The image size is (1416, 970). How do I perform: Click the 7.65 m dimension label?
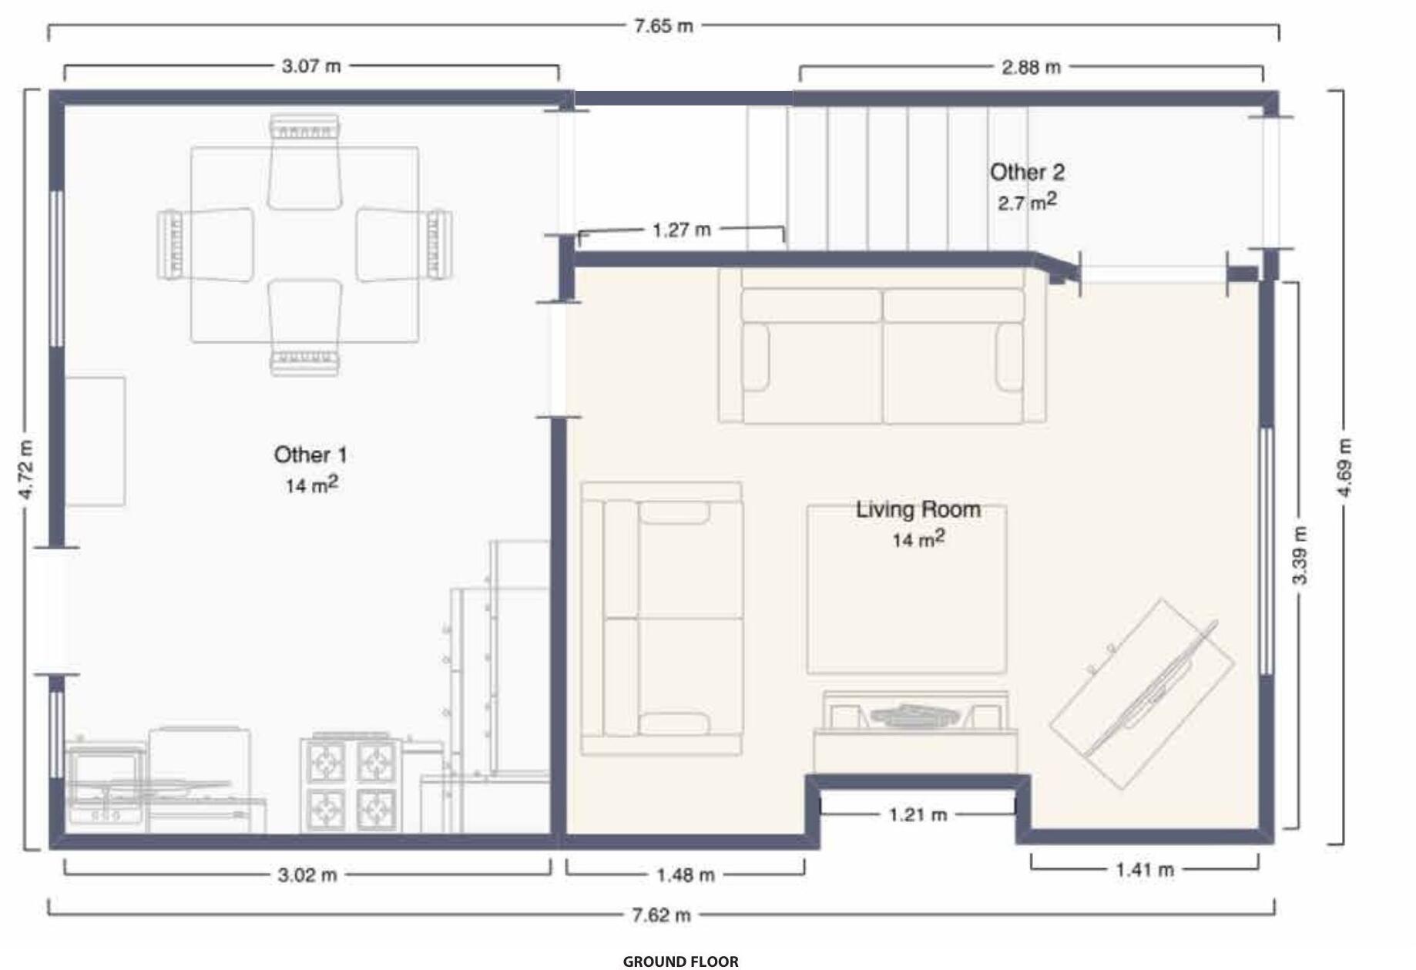click(663, 26)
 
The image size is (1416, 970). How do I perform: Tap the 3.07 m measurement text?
click(311, 66)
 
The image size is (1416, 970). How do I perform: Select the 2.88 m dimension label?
click(1031, 68)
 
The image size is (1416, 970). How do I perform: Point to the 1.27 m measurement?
click(681, 230)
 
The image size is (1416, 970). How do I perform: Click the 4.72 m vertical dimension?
click(26, 469)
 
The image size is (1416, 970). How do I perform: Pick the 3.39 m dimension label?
click(1299, 555)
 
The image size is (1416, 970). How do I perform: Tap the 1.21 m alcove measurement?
click(918, 814)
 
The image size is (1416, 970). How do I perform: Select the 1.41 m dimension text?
click(1145, 870)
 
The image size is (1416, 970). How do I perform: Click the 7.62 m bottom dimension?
click(661, 915)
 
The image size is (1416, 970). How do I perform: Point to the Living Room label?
click(918, 509)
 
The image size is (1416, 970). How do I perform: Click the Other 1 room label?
click(310, 455)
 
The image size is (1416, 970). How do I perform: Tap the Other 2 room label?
click(1027, 172)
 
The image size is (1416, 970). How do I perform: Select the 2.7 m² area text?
click(1027, 202)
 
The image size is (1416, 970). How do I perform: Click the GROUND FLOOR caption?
click(680, 961)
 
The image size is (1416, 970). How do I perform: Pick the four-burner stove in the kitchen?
click(352, 784)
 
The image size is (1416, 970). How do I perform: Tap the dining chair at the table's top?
click(304, 162)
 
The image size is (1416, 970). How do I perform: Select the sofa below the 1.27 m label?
click(883, 344)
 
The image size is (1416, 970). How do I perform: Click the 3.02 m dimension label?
click(307, 875)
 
